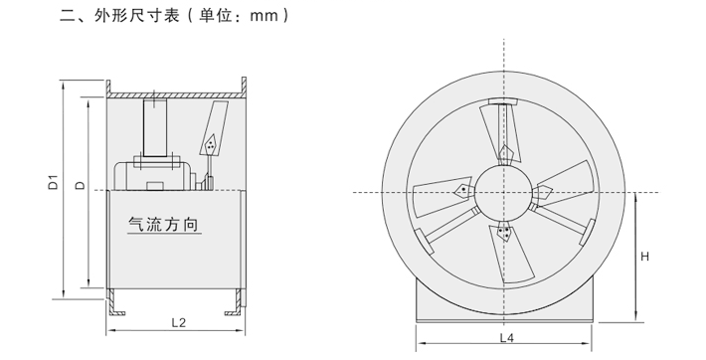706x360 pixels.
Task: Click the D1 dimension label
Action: point(54,182)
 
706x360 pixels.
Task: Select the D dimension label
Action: point(81,185)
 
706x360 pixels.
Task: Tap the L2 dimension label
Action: point(179,322)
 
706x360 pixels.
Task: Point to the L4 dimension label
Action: point(506,338)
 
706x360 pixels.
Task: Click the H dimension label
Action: point(644,257)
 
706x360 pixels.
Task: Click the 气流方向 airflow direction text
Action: point(163,224)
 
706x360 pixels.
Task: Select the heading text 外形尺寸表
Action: point(136,16)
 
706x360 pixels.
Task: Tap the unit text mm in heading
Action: point(264,17)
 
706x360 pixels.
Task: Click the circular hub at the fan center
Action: point(504,192)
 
